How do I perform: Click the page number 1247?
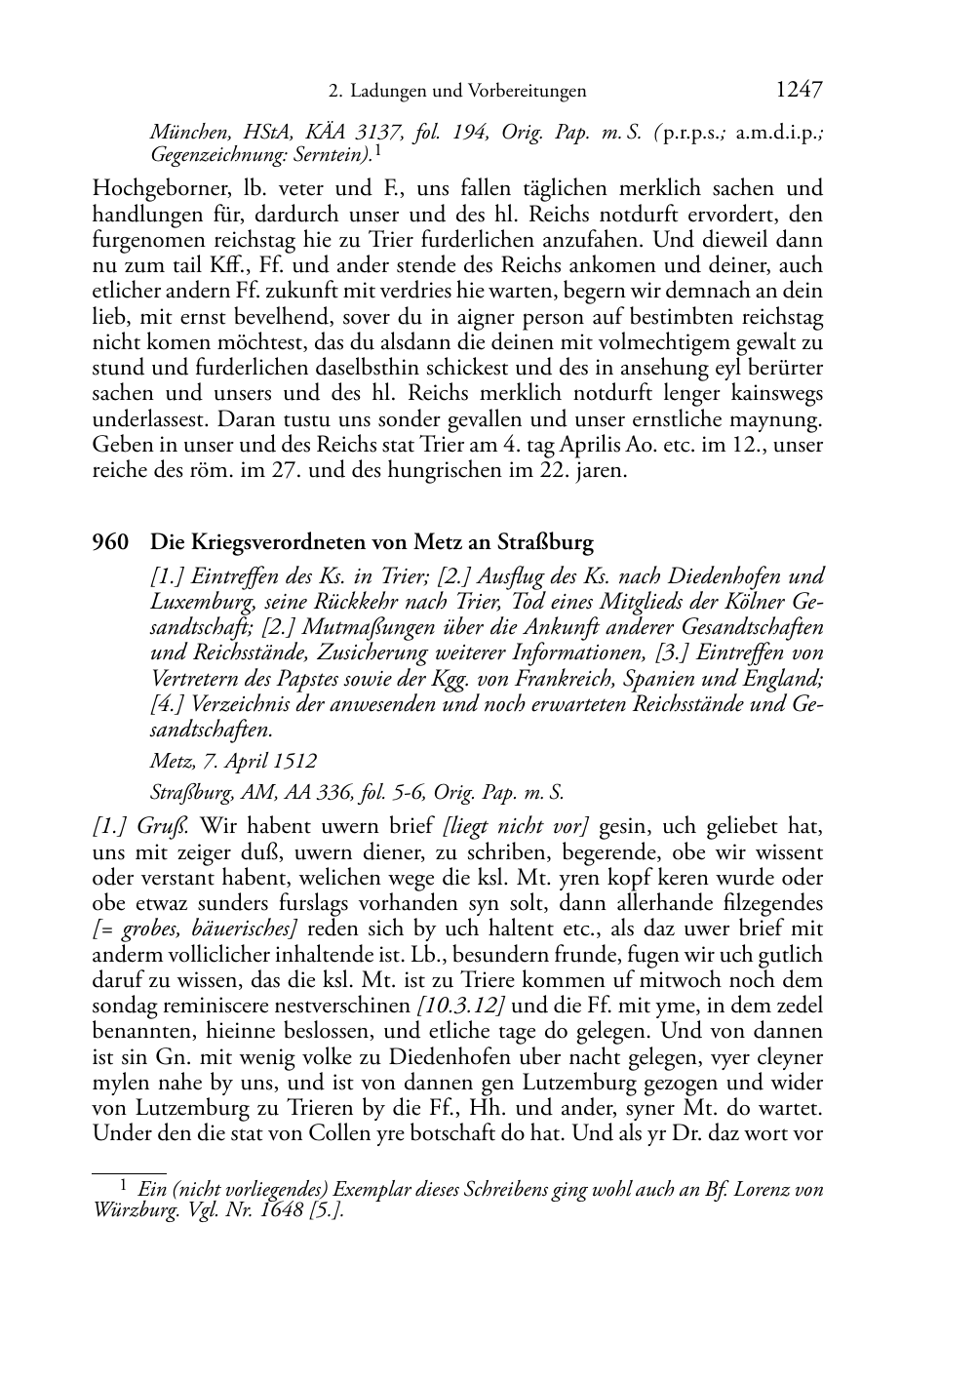799,90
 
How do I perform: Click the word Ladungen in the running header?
388,92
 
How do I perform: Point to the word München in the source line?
183,134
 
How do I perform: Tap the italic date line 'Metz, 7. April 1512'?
233,761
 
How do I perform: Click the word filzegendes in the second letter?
766,903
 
